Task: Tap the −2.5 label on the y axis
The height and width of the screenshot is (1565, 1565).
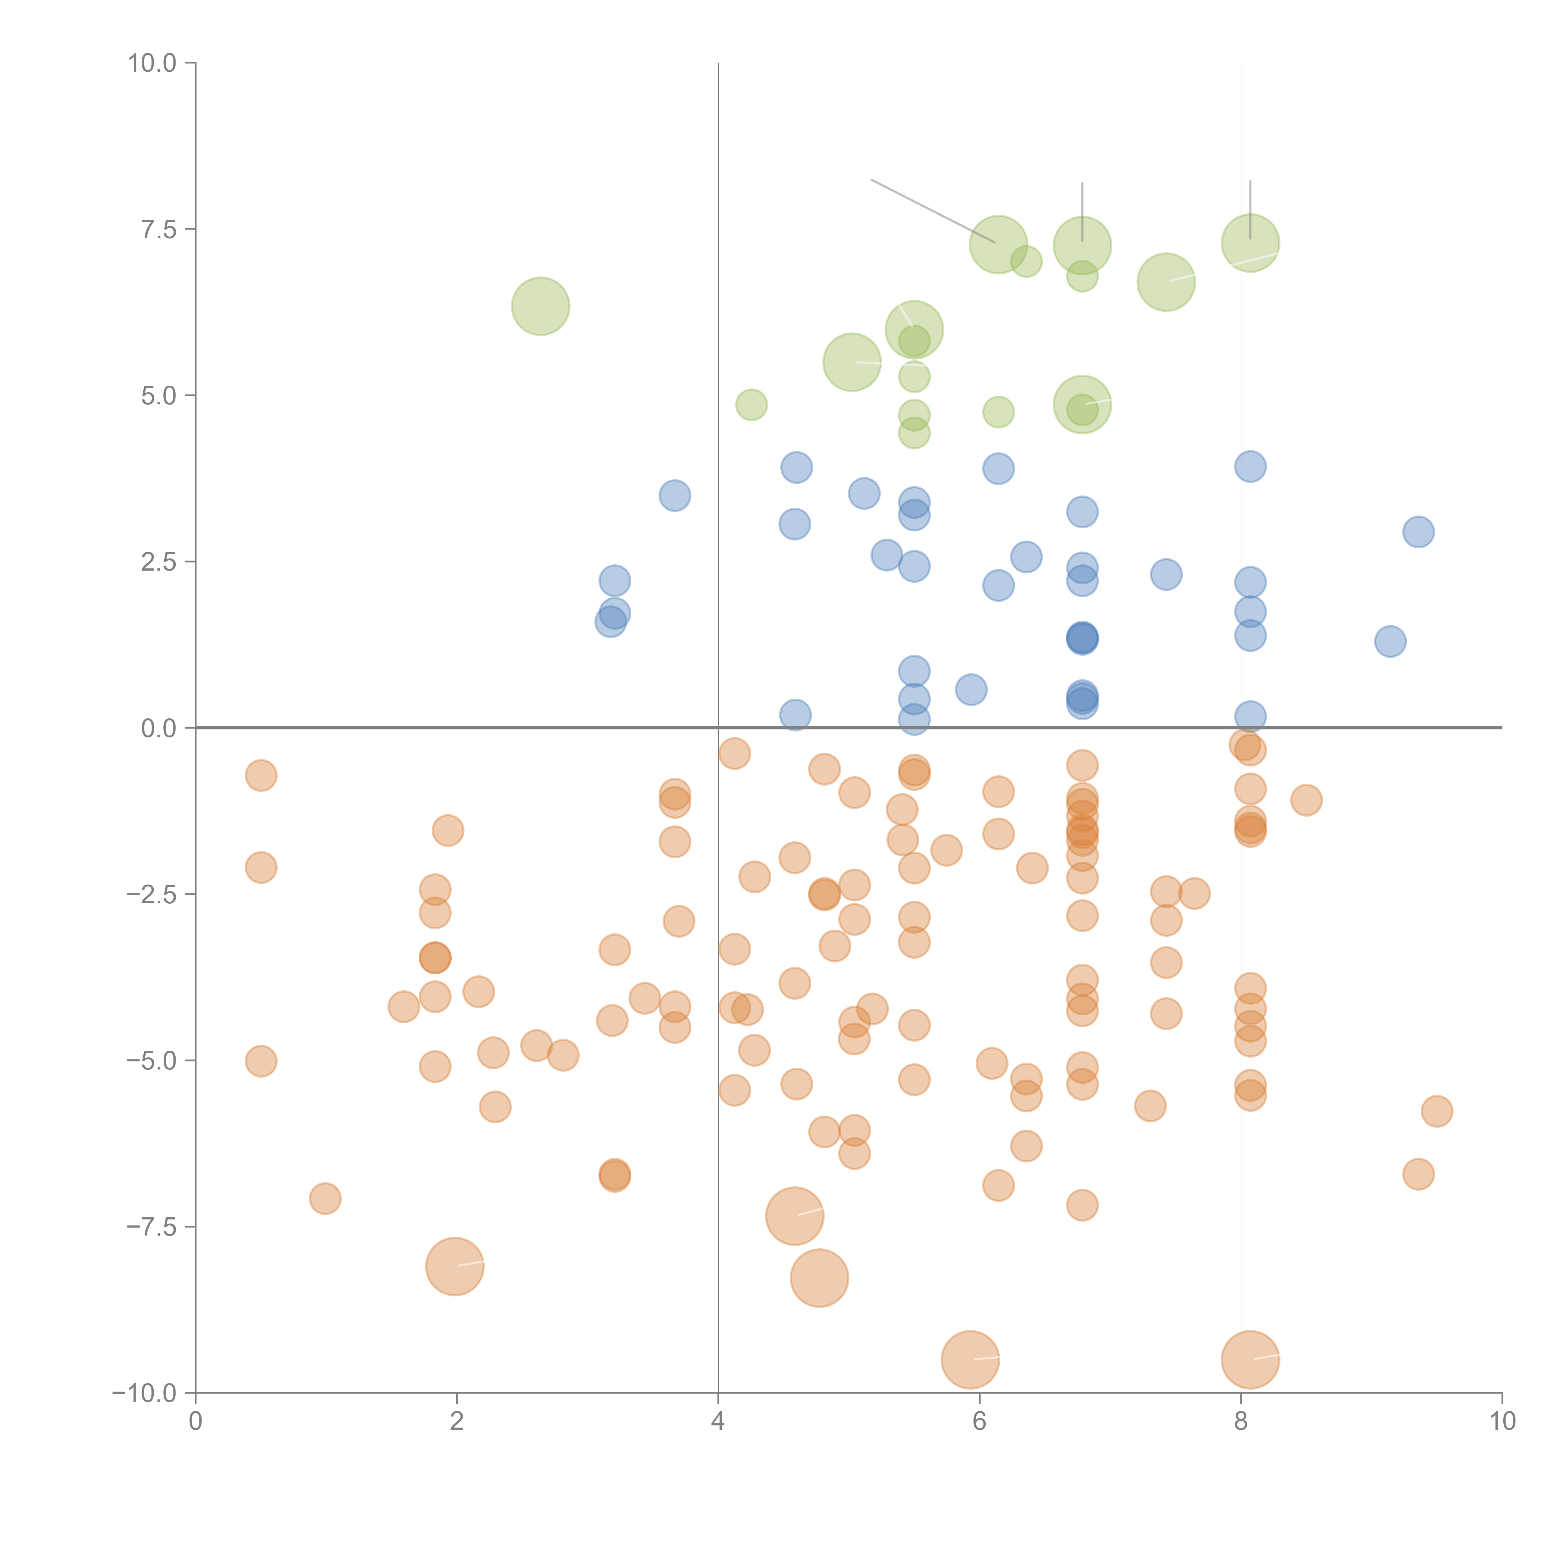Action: pos(151,894)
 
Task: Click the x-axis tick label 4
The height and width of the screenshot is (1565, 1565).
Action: pos(718,1422)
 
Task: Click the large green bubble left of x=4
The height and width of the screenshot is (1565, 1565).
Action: pos(540,306)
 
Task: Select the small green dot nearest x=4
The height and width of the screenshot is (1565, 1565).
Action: pos(751,405)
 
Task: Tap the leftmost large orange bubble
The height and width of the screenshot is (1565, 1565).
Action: pos(454,1266)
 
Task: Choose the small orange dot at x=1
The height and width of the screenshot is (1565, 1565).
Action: pos(325,1198)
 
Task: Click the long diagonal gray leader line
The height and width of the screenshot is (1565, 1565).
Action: pos(931,210)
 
